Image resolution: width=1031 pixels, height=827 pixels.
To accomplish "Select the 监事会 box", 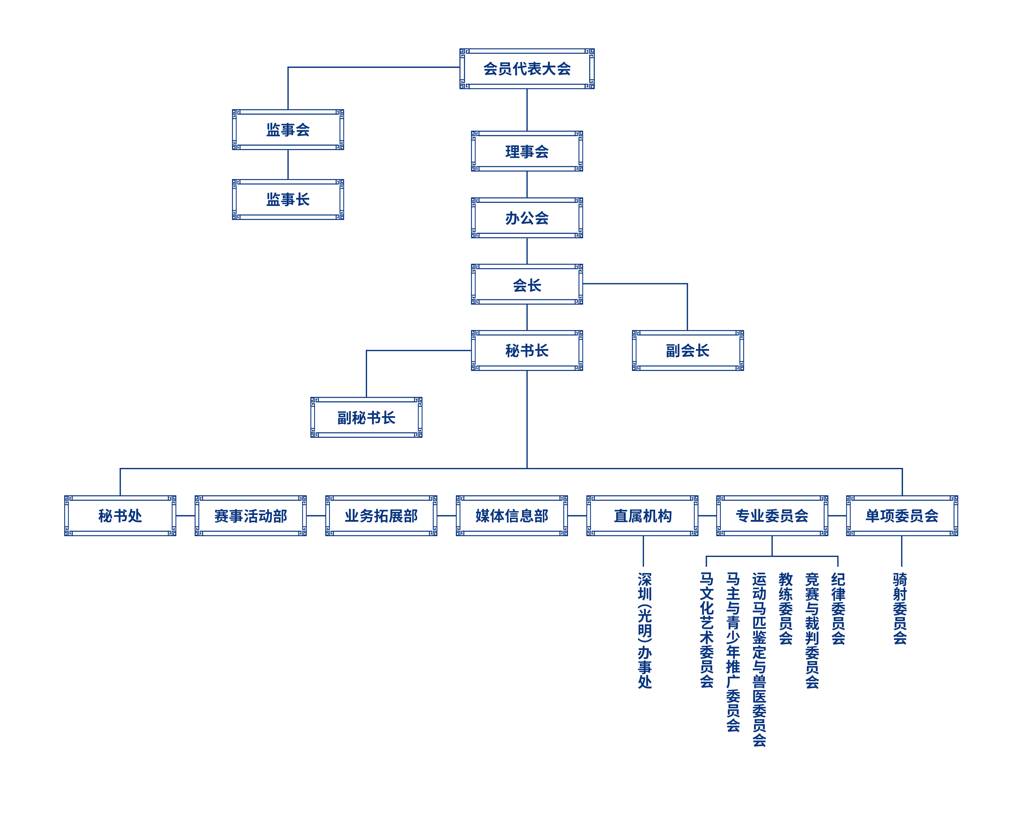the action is pyautogui.click(x=288, y=129).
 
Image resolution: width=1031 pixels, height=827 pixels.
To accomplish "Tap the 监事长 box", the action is pyautogui.click(x=288, y=199).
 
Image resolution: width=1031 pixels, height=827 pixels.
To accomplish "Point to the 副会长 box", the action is pyautogui.click(x=688, y=351).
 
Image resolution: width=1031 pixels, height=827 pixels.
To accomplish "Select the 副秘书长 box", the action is pyautogui.click(x=366, y=417).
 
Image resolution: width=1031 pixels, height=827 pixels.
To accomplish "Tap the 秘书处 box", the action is pyautogui.click(x=120, y=515).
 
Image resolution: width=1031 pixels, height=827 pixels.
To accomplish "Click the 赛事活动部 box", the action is pyautogui.click(x=251, y=515).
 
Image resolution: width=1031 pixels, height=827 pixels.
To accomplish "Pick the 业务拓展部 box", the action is pyautogui.click(x=381, y=515).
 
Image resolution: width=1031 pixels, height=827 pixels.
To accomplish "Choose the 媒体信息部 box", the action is pyautogui.click(x=512, y=515).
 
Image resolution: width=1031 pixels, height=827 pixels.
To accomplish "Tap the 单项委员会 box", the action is pyautogui.click(x=902, y=515).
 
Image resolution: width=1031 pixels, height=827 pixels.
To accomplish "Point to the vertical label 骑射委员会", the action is pyautogui.click(x=900, y=608).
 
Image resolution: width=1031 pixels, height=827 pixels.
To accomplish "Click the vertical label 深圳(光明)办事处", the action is pyautogui.click(x=645, y=630).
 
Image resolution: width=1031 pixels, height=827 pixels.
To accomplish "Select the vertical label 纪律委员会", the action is pyautogui.click(x=838, y=608).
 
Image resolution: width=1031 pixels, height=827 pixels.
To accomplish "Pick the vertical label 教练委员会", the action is pyautogui.click(x=785, y=608).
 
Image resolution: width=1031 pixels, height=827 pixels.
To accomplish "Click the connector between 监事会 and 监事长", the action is pyautogui.click(x=288, y=164).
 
